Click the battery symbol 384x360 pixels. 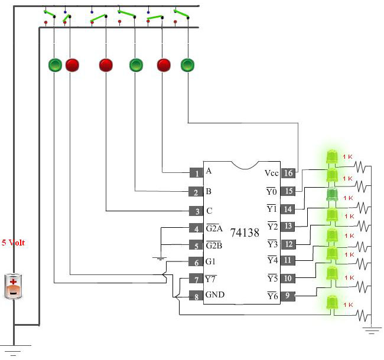[x=14, y=286]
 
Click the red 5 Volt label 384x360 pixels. [x=13, y=243]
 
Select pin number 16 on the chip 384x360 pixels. [x=288, y=173]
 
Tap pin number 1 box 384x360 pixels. [x=196, y=173]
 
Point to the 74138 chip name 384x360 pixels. [x=245, y=233]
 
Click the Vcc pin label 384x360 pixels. [x=272, y=173]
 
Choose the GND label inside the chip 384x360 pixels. [x=215, y=294]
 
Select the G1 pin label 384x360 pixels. [x=210, y=261]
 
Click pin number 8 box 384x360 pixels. [x=196, y=296]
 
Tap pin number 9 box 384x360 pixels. [x=288, y=296]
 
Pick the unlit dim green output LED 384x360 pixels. [x=332, y=195]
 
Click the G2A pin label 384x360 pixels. [x=214, y=228]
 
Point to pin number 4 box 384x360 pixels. [x=196, y=228]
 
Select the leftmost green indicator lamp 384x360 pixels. [x=55, y=65]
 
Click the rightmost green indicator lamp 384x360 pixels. [x=188, y=66]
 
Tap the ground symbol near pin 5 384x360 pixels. [x=160, y=258]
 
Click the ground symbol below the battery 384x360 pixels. [x=14, y=350]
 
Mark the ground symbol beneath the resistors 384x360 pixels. [x=371, y=330]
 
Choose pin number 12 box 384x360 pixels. [x=288, y=244]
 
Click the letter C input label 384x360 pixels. [x=209, y=211]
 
